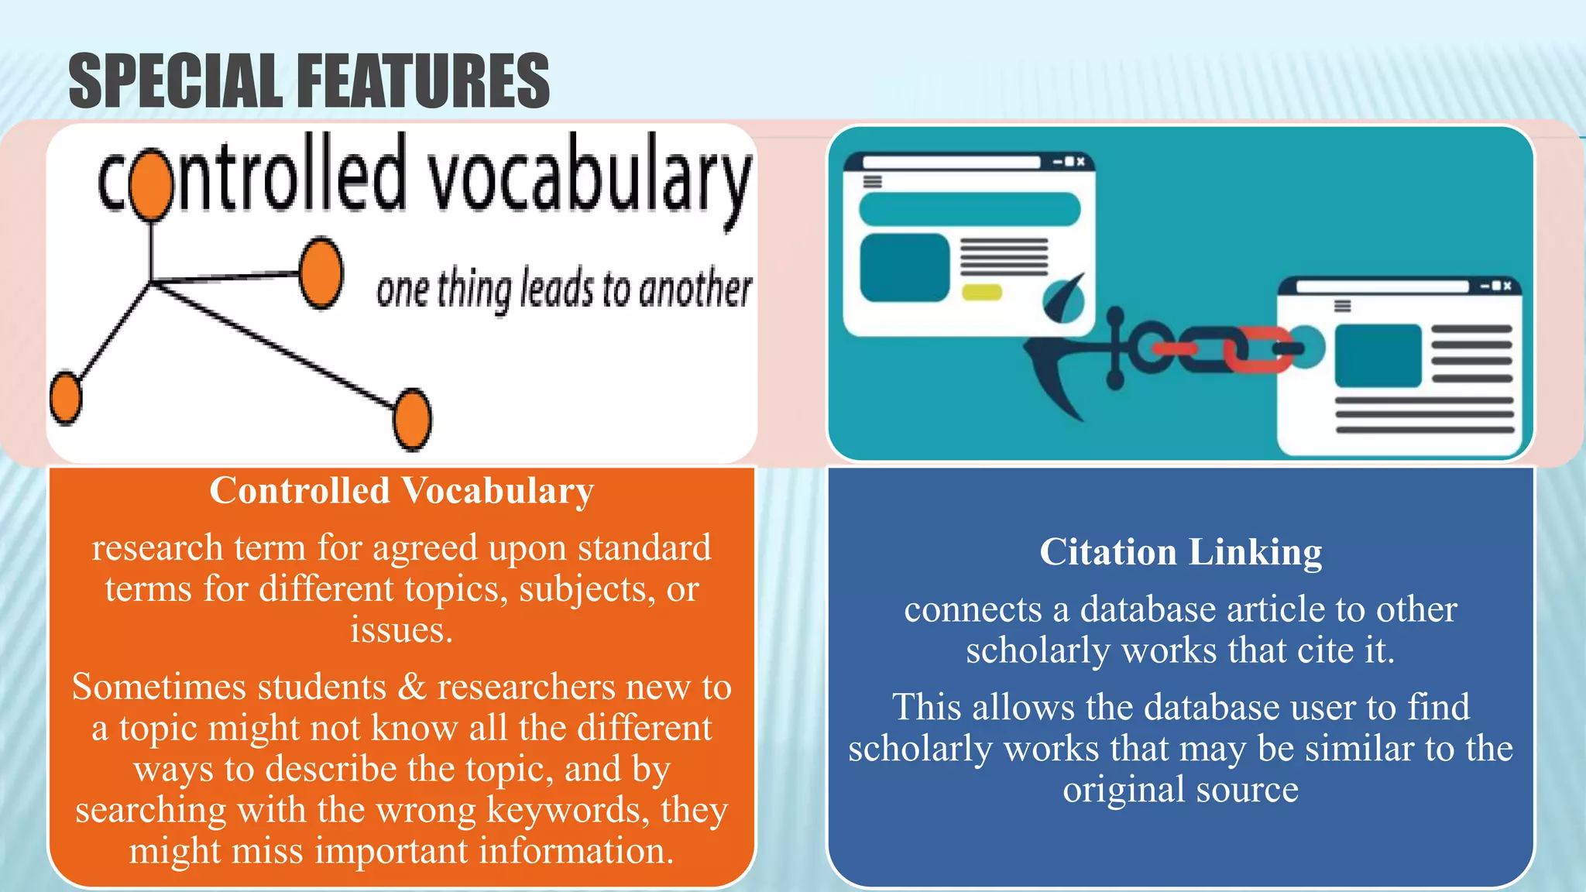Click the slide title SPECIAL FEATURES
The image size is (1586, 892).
tap(308, 81)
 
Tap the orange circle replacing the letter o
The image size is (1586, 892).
tap(150, 184)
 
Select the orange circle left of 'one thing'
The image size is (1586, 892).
tap(321, 273)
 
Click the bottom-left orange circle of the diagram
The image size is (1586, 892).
tap(66, 398)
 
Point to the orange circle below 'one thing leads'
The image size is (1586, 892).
tap(412, 419)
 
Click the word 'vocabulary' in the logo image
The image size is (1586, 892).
tap(589, 178)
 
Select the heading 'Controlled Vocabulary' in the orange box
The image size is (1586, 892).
tap(401, 491)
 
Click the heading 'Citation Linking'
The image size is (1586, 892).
tap(1180, 552)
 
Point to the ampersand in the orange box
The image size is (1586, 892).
tap(411, 687)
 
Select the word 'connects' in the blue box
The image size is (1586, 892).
tap(973, 609)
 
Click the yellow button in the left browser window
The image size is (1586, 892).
tap(981, 293)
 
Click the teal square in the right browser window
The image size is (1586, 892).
tap(1378, 355)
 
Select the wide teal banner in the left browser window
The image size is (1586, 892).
tap(969, 209)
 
